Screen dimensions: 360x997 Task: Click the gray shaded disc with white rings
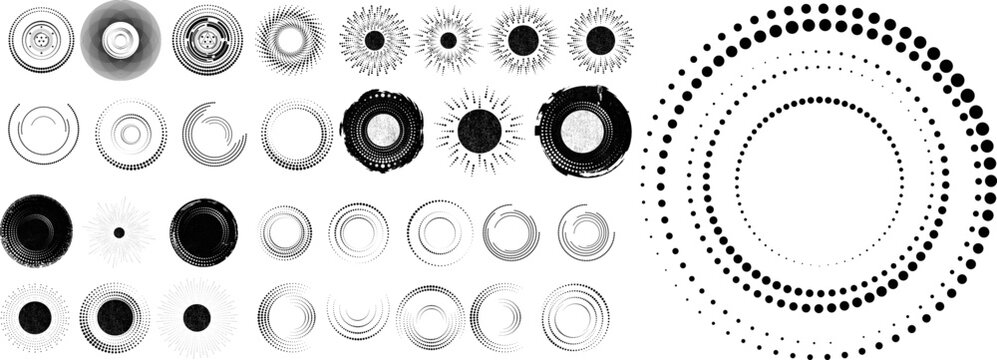point(120,40)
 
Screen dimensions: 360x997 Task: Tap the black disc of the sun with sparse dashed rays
point(479,131)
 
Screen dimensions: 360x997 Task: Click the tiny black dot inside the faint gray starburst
point(118,232)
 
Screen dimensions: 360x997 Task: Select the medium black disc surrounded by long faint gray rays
point(195,318)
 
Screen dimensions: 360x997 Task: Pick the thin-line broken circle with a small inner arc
point(43,131)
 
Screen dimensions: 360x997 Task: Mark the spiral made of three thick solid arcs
point(214,133)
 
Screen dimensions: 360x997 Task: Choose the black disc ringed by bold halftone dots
point(115,317)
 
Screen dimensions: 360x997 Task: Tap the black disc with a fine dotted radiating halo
point(35,317)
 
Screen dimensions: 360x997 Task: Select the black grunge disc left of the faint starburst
point(36,232)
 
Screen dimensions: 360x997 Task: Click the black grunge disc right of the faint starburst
point(204,232)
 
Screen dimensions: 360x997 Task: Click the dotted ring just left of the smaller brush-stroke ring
point(296,133)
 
